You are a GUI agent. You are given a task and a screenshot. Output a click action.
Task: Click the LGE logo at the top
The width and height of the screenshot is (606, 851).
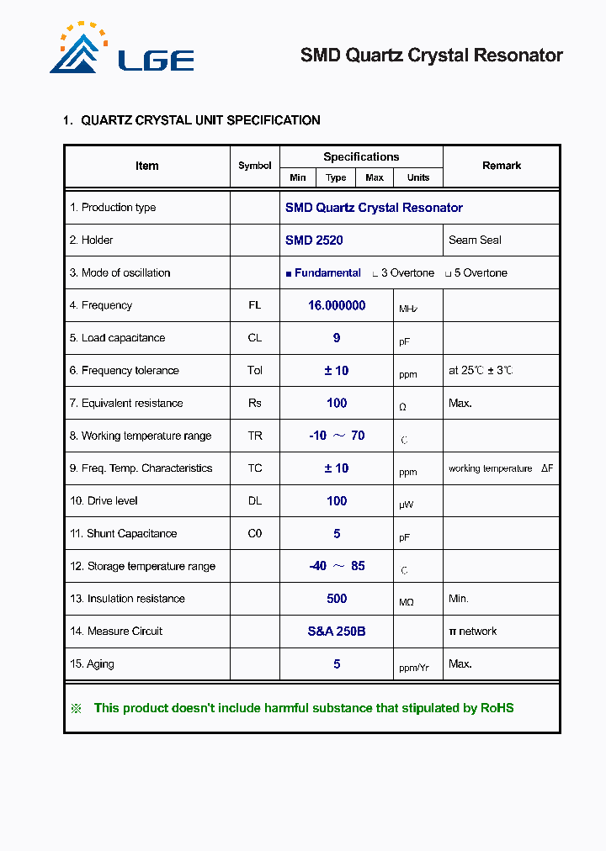pyautogui.click(x=122, y=50)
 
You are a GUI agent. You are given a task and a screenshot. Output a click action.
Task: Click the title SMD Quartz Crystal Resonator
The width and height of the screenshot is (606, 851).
pyautogui.click(x=431, y=55)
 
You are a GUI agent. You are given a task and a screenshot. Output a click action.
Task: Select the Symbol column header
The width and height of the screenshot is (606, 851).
pyautogui.click(x=254, y=166)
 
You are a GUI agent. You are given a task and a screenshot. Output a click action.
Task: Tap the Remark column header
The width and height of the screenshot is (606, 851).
pyautogui.click(x=502, y=166)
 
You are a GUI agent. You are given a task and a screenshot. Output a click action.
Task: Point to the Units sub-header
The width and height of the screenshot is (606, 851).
pyautogui.click(x=418, y=177)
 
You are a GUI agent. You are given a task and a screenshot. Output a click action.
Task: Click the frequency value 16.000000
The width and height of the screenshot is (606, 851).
pyautogui.click(x=337, y=306)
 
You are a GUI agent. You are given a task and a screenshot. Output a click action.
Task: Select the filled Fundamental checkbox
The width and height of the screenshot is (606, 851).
pyautogui.click(x=289, y=274)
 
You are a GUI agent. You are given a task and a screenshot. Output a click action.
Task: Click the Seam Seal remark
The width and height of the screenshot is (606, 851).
pyautogui.click(x=475, y=240)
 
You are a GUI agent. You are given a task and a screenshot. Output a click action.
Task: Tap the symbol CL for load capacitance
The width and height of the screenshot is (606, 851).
pyautogui.click(x=254, y=338)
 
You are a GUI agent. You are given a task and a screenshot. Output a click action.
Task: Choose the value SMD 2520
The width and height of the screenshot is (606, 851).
pyautogui.click(x=314, y=240)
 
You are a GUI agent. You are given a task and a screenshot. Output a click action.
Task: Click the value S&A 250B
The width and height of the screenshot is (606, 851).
pyautogui.click(x=337, y=632)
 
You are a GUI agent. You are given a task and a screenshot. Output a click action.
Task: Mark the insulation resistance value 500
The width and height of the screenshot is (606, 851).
pyautogui.click(x=337, y=599)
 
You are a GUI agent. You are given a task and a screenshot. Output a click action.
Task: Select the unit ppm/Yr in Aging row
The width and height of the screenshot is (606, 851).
pyautogui.click(x=414, y=668)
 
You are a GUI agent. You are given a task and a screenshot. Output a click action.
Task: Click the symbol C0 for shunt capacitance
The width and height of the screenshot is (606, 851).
pyautogui.click(x=254, y=534)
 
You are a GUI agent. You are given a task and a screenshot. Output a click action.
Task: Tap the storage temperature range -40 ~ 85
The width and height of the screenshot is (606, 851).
pyautogui.click(x=337, y=566)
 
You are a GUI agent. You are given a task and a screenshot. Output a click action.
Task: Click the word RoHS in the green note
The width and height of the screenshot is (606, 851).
pyautogui.click(x=497, y=708)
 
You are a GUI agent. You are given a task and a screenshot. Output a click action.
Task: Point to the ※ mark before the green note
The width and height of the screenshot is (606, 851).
pyautogui.click(x=76, y=708)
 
